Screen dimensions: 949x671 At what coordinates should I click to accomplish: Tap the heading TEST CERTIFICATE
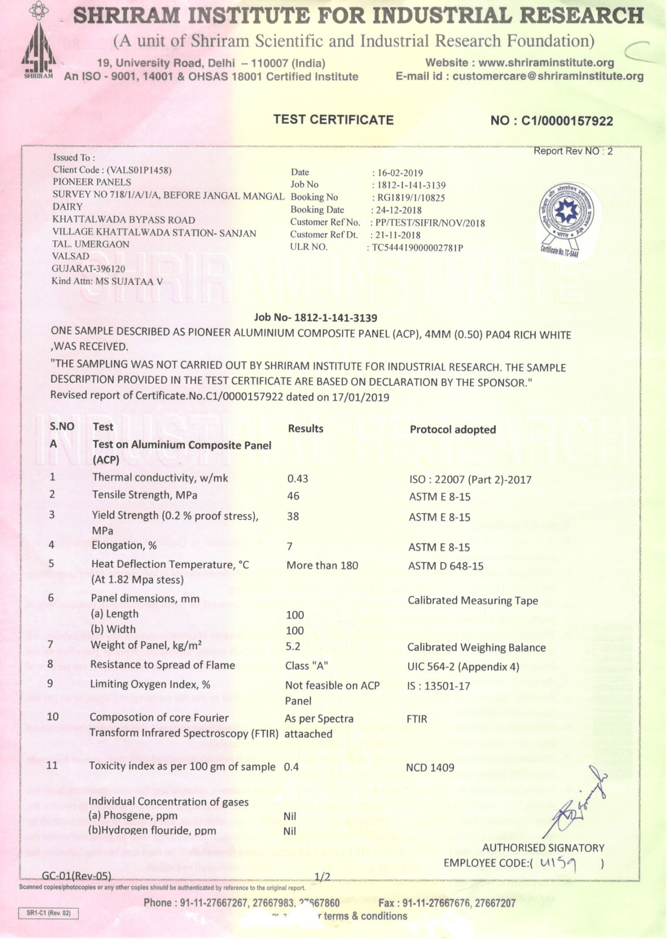pyautogui.click(x=333, y=120)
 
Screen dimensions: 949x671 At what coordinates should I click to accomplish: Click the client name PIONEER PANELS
pyautogui.click(x=92, y=182)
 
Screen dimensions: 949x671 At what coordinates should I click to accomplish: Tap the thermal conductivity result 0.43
pyautogui.click(x=297, y=479)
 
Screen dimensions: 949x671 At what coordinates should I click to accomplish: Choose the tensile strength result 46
pyautogui.click(x=293, y=496)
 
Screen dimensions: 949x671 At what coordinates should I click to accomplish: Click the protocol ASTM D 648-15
pyautogui.click(x=446, y=566)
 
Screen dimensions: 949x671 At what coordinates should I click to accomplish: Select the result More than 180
pyautogui.click(x=322, y=566)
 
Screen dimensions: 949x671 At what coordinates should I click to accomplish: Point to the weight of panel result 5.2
pyautogui.click(x=293, y=647)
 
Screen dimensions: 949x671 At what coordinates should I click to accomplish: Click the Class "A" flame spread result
pyautogui.click(x=306, y=666)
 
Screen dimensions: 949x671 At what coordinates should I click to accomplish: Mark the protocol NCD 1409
pyautogui.click(x=430, y=768)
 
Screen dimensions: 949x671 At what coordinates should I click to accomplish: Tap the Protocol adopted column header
pyautogui.click(x=453, y=430)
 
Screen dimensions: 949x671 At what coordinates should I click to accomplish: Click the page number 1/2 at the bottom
pyautogui.click(x=322, y=876)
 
